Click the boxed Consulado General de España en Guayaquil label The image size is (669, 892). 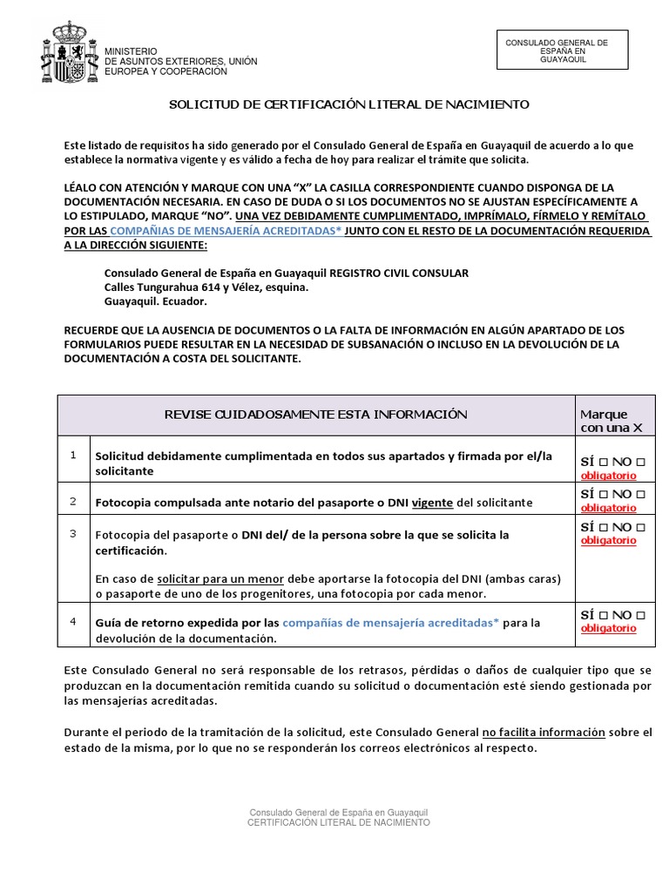562,50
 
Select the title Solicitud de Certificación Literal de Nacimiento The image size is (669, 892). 348,105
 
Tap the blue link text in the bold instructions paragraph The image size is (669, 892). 227,231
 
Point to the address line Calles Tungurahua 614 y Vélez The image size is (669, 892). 206,287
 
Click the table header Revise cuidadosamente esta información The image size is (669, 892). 316,415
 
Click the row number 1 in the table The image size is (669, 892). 74,455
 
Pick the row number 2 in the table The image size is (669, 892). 74,501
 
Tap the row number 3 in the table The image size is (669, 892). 74,533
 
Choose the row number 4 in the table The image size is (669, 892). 74,621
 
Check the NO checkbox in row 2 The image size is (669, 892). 640,495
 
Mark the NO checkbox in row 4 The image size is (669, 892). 640,616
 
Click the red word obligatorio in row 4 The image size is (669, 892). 608,629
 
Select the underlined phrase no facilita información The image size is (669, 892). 544,733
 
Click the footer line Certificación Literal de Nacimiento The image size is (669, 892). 339,822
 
